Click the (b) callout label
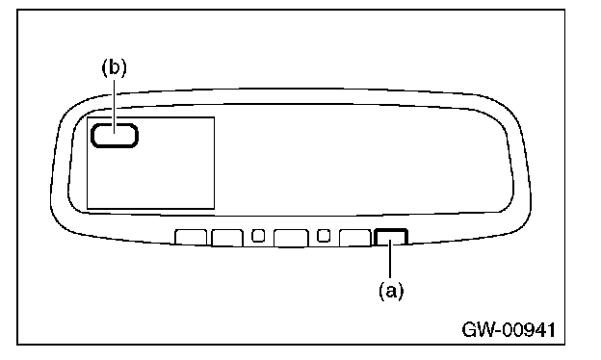(x=114, y=67)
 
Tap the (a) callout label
(x=391, y=291)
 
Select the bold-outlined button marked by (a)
(x=391, y=237)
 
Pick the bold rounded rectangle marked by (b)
(x=115, y=135)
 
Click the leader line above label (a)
(x=390, y=260)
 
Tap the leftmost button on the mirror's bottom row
(x=191, y=237)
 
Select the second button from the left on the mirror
(x=227, y=238)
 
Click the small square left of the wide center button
(x=258, y=235)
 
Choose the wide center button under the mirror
(x=291, y=238)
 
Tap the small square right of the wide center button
(x=324, y=235)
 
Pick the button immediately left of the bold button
(x=355, y=238)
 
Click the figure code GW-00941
(x=509, y=329)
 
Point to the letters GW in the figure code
(x=479, y=329)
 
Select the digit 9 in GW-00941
(x=527, y=329)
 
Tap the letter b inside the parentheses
(x=114, y=67)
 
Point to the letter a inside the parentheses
(x=391, y=292)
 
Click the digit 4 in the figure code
(x=539, y=329)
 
